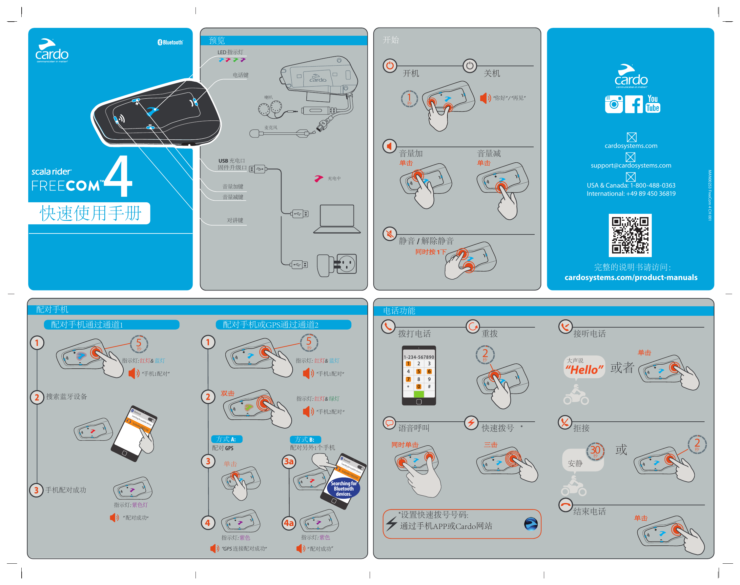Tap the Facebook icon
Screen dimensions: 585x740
coord(633,104)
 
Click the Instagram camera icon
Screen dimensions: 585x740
coord(614,104)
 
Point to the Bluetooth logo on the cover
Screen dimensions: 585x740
coord(170,43)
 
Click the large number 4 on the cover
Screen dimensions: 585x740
coord(118,176)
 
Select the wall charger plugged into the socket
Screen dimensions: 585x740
coord(325,265)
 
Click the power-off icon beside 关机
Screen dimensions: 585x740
coord(470,65)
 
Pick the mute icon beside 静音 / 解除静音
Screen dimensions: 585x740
coord(390,234)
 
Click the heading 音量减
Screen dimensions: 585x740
coord(489,153)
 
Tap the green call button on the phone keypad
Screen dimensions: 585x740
coord(419,394)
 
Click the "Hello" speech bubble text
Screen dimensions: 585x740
coord(584,370)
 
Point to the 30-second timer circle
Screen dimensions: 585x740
coord(595,451)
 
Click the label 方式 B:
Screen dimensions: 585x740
coord(305,439)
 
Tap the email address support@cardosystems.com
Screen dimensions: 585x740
coord(631,165)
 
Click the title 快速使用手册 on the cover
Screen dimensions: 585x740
coord(91,213)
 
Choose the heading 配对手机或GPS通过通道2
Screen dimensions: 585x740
coord(270,325)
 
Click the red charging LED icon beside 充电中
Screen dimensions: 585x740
coord(319,178)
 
